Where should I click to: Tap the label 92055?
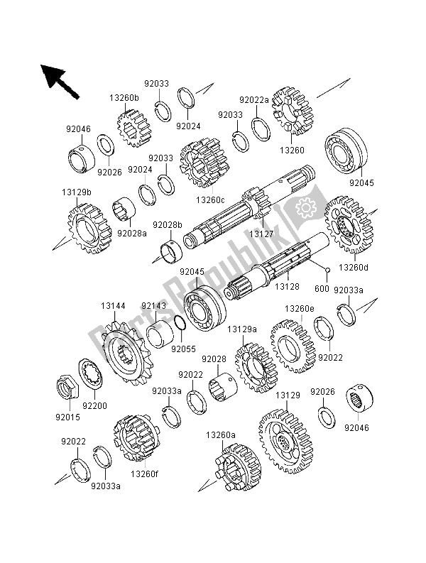click(x=187, y=349)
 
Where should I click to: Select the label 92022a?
click(x=255, y=100)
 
